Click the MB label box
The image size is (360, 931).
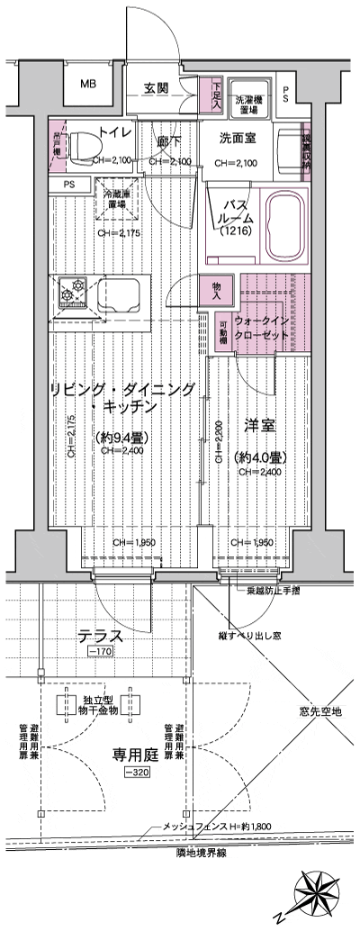tap(87, 85)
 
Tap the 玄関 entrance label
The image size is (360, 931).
tap(157, 88)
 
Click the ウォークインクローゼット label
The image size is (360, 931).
tap(261, 327)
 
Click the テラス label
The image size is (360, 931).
tap(101, 635)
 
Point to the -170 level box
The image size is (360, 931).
tap(100, 651)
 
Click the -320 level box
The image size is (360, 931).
tap(136, 773)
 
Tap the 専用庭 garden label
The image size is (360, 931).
tap(136, 755)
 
